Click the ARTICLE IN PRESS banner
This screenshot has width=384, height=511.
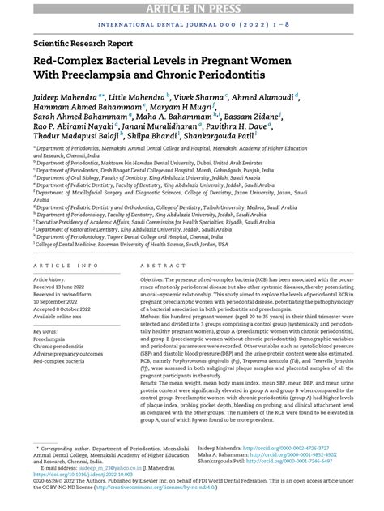[191, 7]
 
